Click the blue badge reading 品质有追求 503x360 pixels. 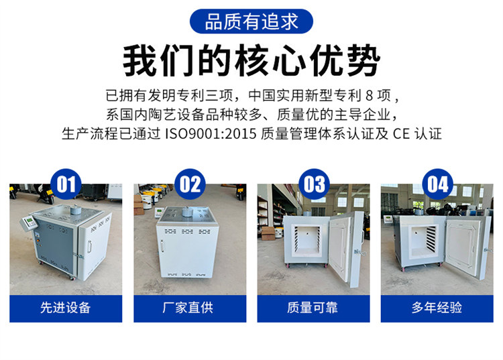point(251,21)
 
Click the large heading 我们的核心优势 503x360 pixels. point(251,60)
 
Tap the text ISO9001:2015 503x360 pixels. point(211,133)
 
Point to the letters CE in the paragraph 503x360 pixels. point(401,133)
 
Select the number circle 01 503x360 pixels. point(66,184)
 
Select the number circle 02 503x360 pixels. point(190,184)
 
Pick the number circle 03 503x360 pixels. point(314,184)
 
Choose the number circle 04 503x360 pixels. point(437,184)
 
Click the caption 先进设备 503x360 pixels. point(66,308)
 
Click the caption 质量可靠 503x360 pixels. point(313,308)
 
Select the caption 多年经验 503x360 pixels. point(437,308)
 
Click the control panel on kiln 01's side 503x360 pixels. point(29,223)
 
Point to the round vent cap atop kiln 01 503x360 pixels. point(75,210)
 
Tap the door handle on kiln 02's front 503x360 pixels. point(162,247)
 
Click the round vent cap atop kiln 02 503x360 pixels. point(187,211)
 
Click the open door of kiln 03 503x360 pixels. point(347,249)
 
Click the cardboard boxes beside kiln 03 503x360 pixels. point(268,233)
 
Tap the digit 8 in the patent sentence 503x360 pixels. point(370,95)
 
